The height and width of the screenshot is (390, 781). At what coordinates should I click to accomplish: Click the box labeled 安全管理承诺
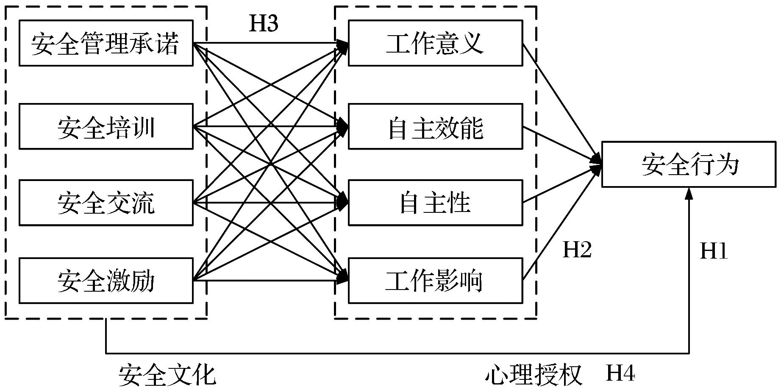(106, 43)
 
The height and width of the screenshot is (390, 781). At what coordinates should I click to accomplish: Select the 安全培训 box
(106, 126)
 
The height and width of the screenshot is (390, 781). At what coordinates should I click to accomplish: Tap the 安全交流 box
(106, 203)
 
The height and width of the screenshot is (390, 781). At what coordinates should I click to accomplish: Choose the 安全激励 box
(106, 281)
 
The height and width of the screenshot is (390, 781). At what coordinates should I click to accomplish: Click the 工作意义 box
(435, 43)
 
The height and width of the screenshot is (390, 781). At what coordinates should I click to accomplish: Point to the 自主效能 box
(435, 126)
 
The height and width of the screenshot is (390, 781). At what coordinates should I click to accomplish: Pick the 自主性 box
(435, 203)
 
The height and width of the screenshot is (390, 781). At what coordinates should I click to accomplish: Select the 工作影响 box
(435, 281)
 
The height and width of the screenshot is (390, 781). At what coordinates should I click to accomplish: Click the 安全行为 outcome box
(689, 164)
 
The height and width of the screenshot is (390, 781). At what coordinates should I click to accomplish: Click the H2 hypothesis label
(577, 250)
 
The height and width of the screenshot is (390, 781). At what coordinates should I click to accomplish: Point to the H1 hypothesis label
(714, 251)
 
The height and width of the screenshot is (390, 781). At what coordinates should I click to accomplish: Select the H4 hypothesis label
(620, 373)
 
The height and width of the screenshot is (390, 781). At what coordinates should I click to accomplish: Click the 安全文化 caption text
(167, 375)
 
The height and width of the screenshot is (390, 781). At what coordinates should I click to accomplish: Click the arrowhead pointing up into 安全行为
(689, 193)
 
